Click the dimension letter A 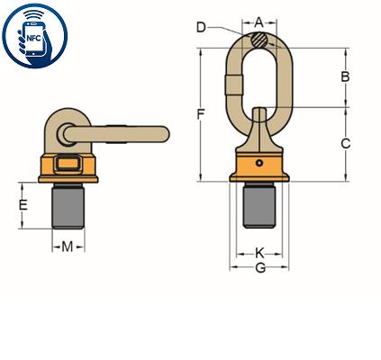(259, 21)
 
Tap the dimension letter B (345, 77)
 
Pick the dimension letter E (24, 204)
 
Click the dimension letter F (201, 113)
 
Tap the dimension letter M (68, 245)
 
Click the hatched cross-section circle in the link (259, 40)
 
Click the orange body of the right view (259, 166)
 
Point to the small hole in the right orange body (259, 163)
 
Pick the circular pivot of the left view (67, 133)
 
